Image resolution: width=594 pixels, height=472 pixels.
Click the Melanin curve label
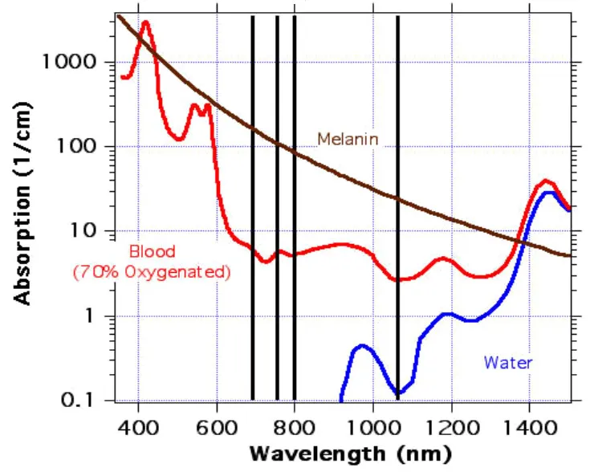[x=348, y=139]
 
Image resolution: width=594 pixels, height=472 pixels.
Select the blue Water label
[x=507, y=363]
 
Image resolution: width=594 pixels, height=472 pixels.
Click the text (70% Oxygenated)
[x=152, y=272]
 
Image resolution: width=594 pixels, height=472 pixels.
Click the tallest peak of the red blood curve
[x=145, y=22]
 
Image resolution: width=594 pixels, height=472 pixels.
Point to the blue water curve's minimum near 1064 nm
[x=398, y=393]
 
